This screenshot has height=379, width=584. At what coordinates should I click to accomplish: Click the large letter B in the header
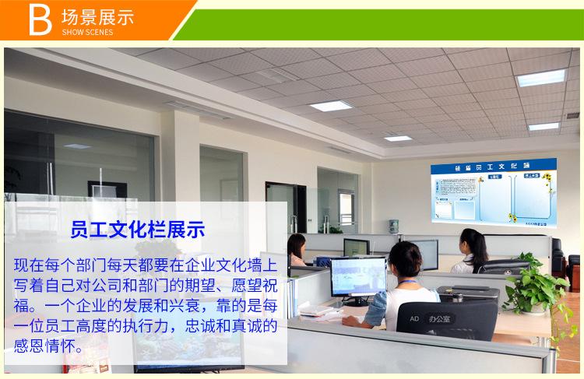coord(39,21)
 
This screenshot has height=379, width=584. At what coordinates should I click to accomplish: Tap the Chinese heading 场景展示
coord(97,16)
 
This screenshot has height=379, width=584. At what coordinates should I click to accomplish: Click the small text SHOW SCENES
coord(86,33)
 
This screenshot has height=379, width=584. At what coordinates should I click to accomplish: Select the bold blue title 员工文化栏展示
coord(137,230)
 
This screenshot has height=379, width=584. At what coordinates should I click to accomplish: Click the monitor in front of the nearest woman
coord(358,277)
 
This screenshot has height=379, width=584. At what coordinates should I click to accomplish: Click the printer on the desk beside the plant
coord(468,293)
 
